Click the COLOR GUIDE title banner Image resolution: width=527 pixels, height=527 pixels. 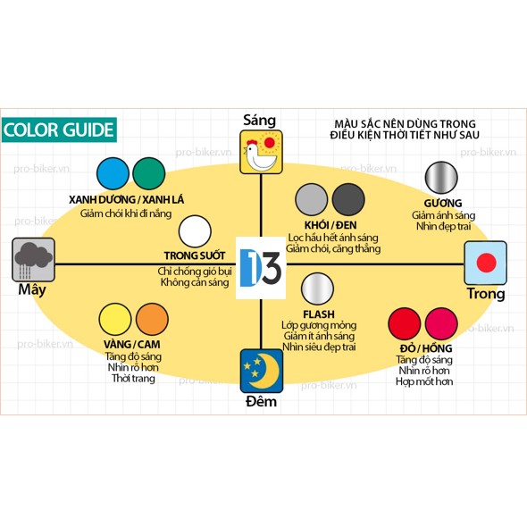59,130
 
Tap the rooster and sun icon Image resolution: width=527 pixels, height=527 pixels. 261,152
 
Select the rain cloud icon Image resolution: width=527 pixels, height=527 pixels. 33,260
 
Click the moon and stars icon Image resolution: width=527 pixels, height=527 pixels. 262,371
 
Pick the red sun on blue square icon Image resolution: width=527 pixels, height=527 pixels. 485,263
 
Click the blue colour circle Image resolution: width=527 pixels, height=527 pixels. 113,173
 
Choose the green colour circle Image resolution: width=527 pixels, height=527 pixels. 149,173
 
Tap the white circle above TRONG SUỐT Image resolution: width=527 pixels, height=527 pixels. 195,231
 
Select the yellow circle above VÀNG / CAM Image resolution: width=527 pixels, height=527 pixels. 115,319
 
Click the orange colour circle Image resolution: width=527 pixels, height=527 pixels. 152,319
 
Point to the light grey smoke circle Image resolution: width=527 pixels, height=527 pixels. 311,200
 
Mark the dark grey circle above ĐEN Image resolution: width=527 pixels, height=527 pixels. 348,200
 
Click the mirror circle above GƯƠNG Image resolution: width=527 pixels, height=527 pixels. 441,178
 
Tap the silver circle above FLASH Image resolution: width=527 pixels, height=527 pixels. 317,289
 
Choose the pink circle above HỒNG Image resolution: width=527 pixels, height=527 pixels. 441,323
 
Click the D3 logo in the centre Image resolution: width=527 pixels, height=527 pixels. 261,268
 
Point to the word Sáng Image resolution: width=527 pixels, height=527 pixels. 259,121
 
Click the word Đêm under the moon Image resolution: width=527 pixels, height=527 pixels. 261,401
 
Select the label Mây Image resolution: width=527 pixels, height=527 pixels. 32,290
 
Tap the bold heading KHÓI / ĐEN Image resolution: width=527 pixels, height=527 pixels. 330,225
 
